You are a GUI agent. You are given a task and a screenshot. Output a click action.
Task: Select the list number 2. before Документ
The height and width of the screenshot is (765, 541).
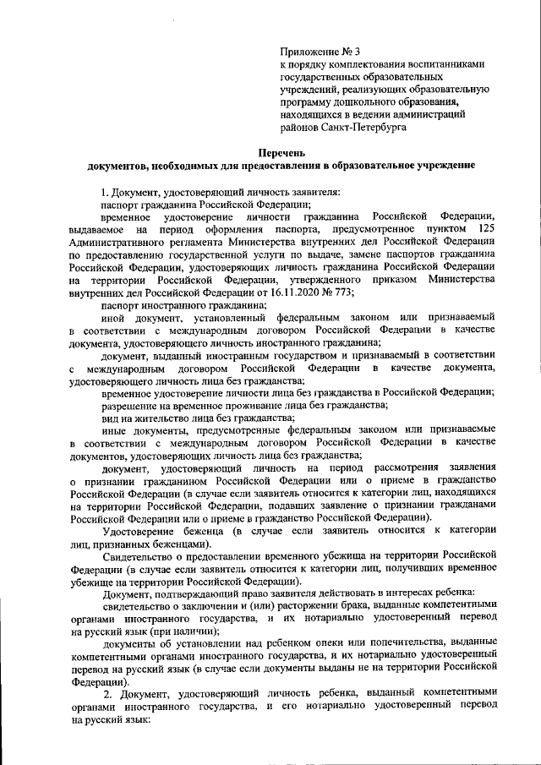coord(106,694)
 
